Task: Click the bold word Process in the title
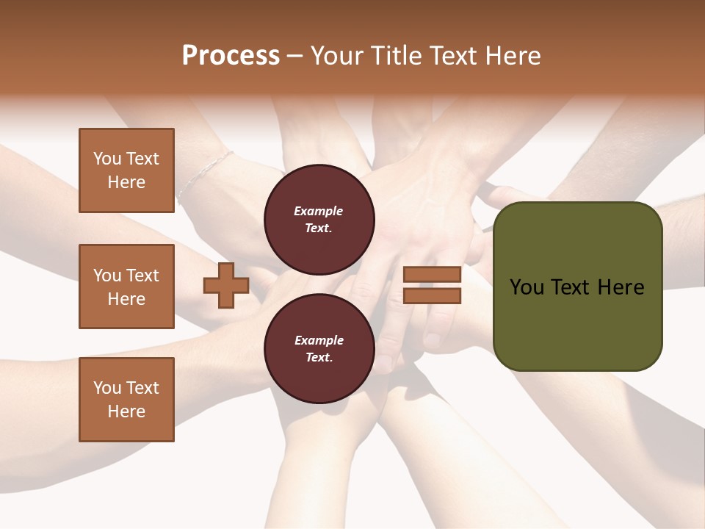tap(231, 56)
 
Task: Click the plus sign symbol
tap(225, 286)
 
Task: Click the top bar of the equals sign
tap(432, 275)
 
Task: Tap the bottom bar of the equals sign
tap(432, 295)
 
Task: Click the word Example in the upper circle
tap(319, 211)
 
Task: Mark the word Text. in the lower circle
tap(319, 357)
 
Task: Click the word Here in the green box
tap(621, 287)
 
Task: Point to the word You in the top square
tap(107, 159)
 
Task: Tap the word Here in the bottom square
tap(126, 411)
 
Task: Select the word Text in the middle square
tap(142, 276)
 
